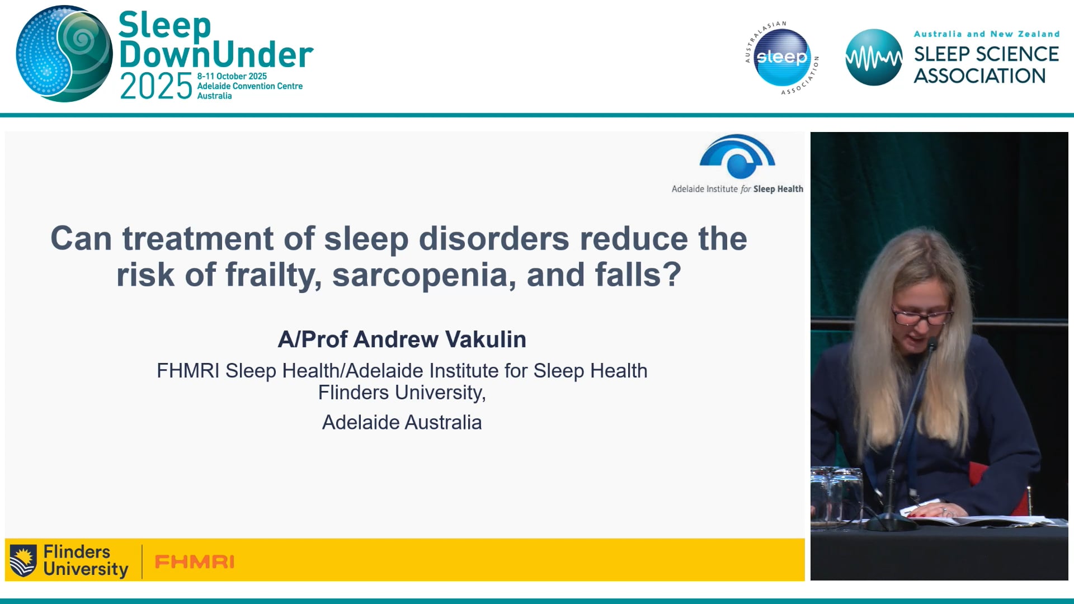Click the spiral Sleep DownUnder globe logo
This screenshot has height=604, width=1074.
tap(64, 54)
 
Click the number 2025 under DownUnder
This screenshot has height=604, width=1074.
tap(156, 86)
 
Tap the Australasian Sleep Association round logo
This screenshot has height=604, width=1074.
tap(782, 58)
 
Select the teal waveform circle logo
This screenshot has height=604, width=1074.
tap(873, 58)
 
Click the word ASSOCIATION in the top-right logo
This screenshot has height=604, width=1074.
tap(979, 76)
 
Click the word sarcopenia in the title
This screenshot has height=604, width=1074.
tap(424, 275)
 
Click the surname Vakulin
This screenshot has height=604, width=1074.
tap(485, 339)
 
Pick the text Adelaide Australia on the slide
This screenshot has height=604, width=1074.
tap(402, 422)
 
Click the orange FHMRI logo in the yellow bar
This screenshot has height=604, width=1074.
tap(194, 561)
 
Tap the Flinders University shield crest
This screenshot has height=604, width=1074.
tap(23, 560)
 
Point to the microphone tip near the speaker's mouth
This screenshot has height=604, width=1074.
tap(932, 343)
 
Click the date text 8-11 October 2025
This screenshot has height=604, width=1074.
tap(232, 76)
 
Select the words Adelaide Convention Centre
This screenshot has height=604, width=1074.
tap(249, 86)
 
